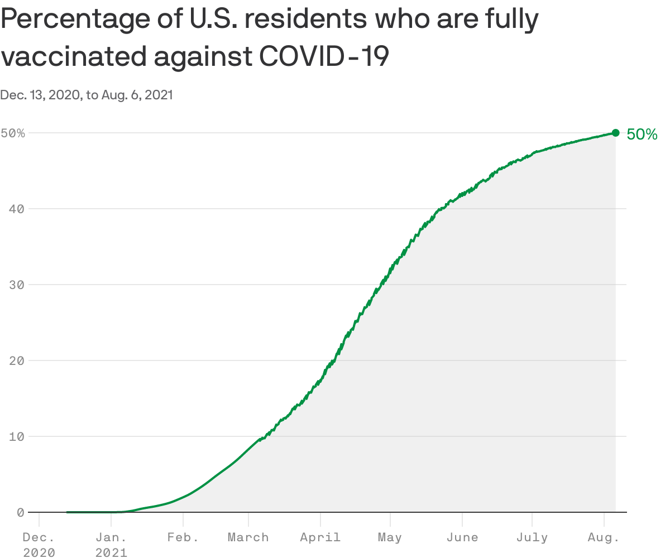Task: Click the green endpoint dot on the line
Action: (x=615, y=133)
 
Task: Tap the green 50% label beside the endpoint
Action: (x=642, y=134)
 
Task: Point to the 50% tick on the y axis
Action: (x=13, y=133)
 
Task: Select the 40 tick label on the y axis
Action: (x=17, y=209)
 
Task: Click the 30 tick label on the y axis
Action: (x=17, y=285)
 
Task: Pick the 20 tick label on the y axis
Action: (x=17, y=360)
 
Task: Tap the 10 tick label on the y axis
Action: (x=17, y=436)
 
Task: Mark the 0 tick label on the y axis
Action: (x=21, y=512)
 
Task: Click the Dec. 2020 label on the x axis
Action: (x=39, y=545)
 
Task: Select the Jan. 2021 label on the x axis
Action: (x=111, y=545)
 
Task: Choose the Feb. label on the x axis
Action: (x=183, y=538)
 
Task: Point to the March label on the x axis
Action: (x=248, y=538)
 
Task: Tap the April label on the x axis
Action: (x=320, y=538)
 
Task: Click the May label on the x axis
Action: (x=390, y=538)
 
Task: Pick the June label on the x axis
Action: (x=462, y=538)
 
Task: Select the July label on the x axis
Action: (x=532, y=538)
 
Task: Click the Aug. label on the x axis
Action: (x=604, y=538)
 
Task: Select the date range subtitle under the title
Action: (x=87, y=95)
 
